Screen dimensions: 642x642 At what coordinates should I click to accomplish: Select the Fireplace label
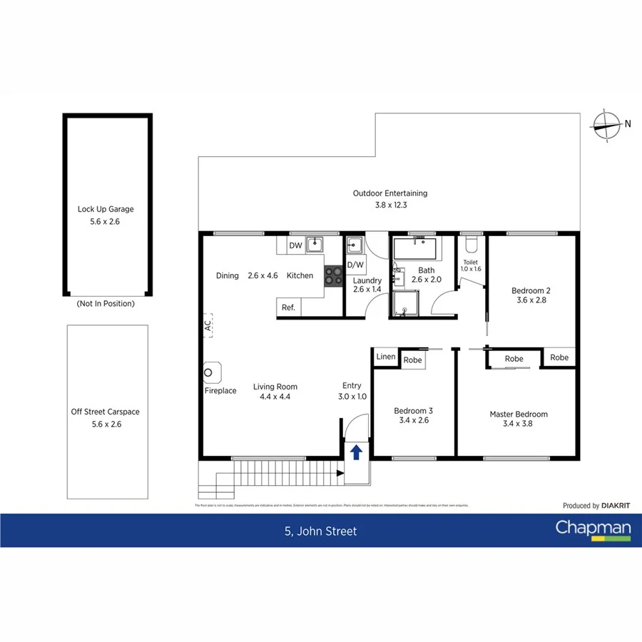tap(220, 391)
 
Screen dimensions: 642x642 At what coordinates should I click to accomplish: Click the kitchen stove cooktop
tap(333, 275)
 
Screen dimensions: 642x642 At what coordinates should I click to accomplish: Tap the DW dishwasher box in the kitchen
tap(295, 246)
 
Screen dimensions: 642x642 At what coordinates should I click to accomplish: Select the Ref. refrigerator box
tap(288, 307)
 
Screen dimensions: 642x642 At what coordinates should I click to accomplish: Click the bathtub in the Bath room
tap(414, 249)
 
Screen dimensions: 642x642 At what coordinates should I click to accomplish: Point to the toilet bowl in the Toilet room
tap(470, 245)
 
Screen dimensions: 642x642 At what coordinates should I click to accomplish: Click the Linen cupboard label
tap(385, 357)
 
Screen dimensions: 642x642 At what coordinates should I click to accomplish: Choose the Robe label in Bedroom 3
tap(412, 360)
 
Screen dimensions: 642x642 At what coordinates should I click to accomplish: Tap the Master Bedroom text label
tap(518, 414)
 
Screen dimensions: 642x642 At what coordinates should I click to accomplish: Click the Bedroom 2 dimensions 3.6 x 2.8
tap(531, 300)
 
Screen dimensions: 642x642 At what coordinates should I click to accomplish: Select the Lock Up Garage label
tap(106, 210)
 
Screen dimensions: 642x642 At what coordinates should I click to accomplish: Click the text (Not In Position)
tap(105, 303)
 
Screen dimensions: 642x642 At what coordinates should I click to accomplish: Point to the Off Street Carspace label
tap(105, 412)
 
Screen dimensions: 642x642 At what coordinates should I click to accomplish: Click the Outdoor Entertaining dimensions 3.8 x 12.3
tap(390, 205)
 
